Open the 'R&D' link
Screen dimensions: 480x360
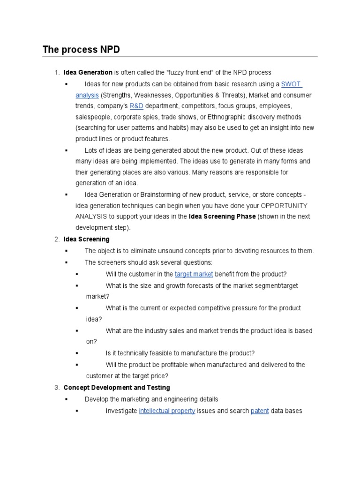pos(136,106)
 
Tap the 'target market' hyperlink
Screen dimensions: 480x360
pos(194,274)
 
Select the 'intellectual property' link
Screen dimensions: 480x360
pos(167,411)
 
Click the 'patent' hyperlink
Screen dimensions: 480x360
pos(260,411)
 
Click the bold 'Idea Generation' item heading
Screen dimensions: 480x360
pos(88,73)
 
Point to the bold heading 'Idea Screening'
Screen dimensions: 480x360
pos(86,240)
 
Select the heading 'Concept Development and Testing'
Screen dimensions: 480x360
pos(117,388)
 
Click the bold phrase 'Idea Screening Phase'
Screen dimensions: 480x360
pos(222,217)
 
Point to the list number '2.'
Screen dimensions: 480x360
pos(57,240)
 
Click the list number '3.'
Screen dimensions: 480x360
pos(57,388)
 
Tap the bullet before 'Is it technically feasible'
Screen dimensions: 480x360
pos(77,353)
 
